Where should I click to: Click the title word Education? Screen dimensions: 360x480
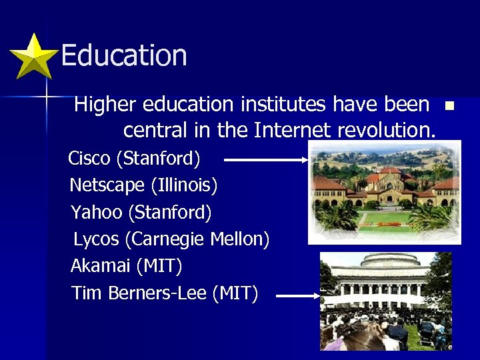point(123,55)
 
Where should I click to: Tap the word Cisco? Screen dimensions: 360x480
point(90,159)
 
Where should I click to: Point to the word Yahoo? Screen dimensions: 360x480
point(96,212)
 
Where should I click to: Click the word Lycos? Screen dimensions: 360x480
point(96,239)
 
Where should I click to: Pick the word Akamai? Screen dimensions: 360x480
point(100,266)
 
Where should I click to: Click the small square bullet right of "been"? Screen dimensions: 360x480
point(449,105)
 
